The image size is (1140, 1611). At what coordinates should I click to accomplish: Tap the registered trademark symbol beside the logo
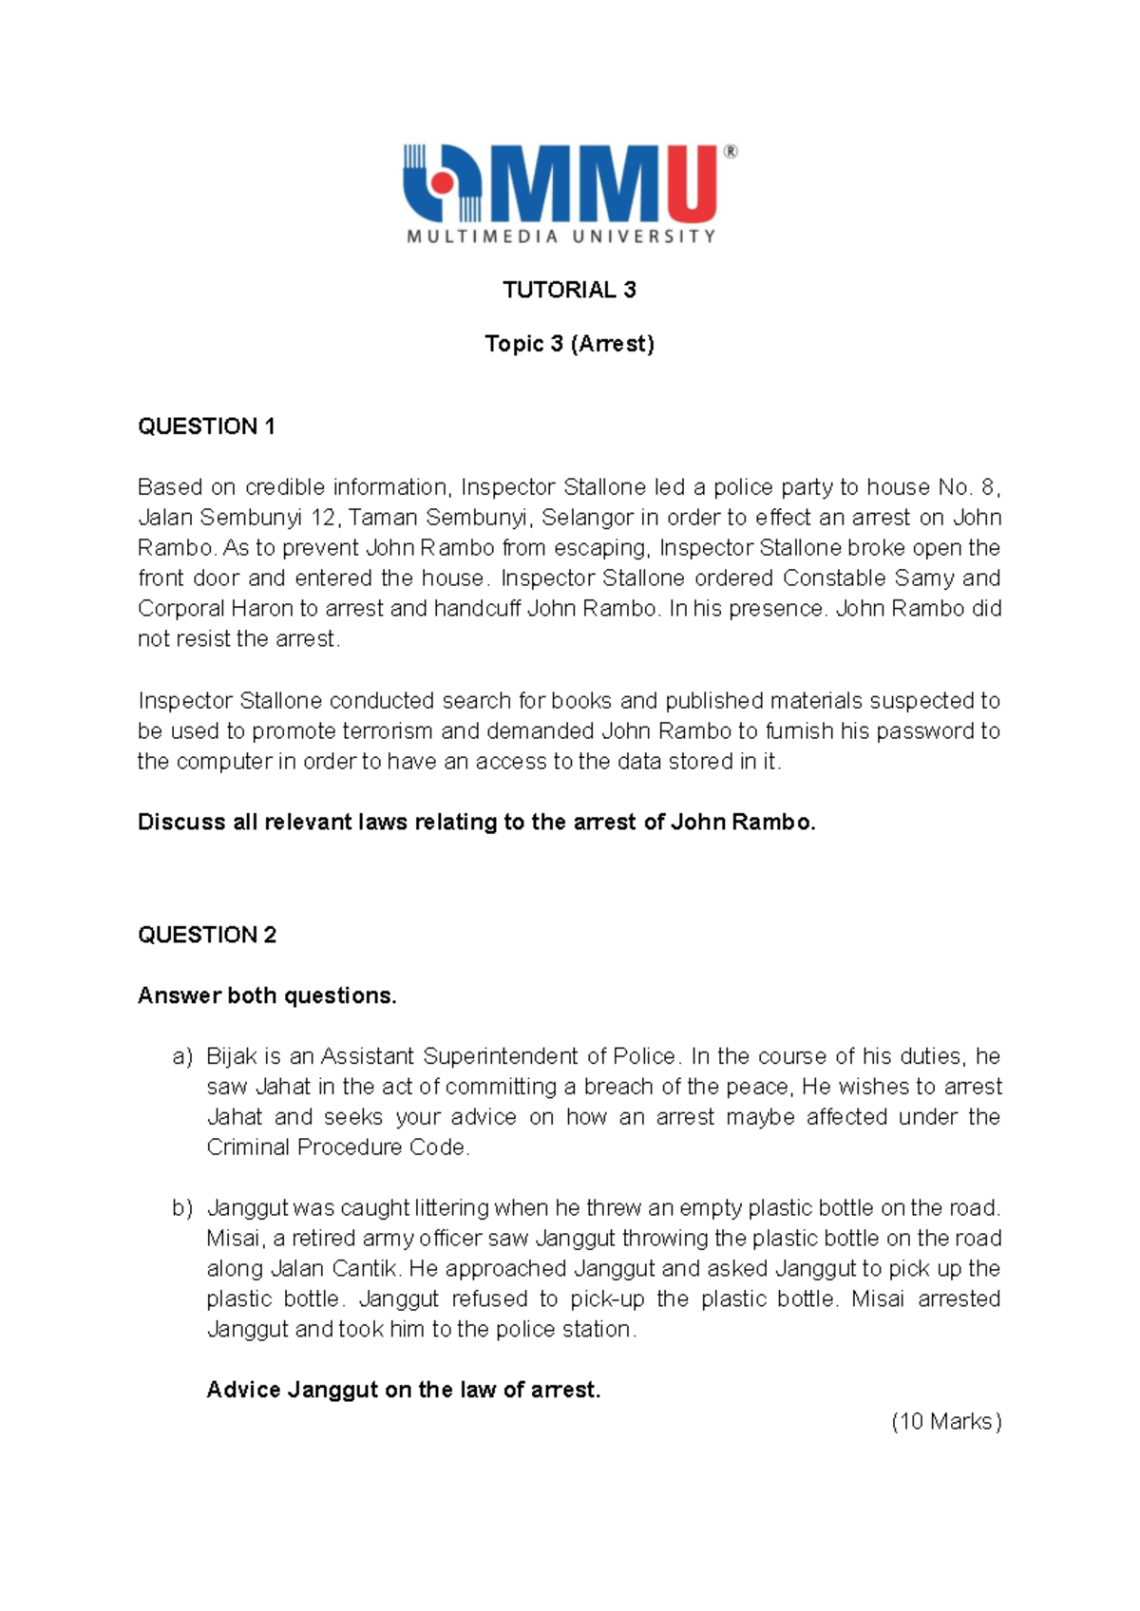pos(730,151)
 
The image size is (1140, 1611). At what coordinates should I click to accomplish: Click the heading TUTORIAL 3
pos(569,290)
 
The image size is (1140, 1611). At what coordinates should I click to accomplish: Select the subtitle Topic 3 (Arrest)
pos(569,343)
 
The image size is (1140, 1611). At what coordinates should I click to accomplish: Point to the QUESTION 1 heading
pos(206,426)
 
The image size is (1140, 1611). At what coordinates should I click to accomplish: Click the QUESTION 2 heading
pos(206,935)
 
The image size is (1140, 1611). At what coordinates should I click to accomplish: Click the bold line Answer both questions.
pos(267,995)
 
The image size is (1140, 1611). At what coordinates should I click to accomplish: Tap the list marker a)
pos(182,1056)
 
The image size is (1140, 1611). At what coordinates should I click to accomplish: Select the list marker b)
pos(182,1208)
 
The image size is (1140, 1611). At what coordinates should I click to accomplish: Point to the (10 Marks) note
pos(946,1421)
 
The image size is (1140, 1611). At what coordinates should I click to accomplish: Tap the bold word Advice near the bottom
pos(244,1391)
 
